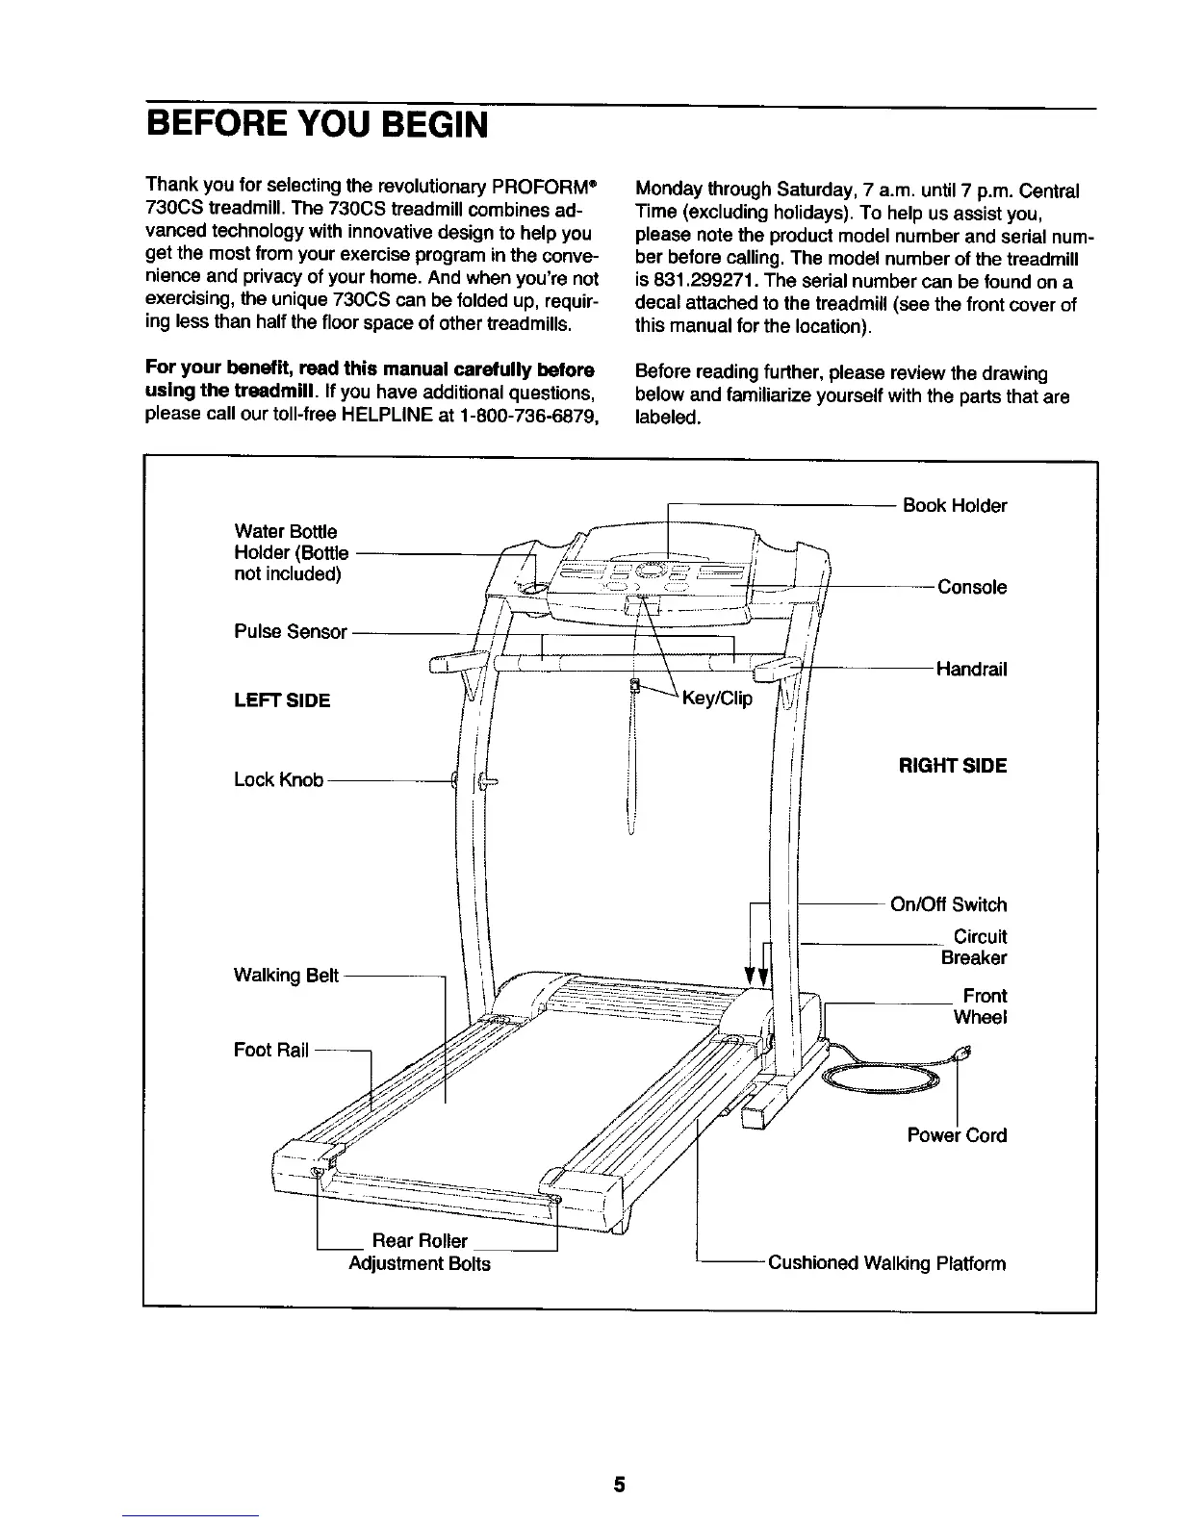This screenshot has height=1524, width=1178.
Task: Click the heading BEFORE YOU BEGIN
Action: (x=317, y=125)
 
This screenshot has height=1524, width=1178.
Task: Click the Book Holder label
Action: (x=954, y=506)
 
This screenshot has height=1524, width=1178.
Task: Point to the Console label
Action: (x=972, y=587)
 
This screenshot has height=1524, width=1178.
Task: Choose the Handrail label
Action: (x=971, y=669)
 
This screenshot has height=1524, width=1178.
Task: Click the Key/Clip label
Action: (x=717, y=698)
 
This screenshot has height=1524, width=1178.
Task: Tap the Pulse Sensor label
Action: (x=291, y=631)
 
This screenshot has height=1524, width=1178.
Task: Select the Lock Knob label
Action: (x=278, y=779)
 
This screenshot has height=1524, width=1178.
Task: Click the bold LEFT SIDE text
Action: (x=282, y=700)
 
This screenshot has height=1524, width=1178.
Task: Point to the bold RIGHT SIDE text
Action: (x=952, y=766)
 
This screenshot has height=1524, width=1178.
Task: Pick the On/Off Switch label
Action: (x=948, y=904)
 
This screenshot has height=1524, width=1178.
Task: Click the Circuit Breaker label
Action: (x=974, y=947)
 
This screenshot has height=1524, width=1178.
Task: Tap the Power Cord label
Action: (x=957, y=1135)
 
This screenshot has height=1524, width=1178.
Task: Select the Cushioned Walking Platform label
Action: (x=885, y=1263)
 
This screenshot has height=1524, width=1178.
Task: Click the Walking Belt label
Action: (x=286, y=976)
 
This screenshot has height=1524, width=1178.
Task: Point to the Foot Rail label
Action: (x=271, y=1050)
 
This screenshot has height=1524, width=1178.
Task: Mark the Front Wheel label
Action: (x=980, y=1006)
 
